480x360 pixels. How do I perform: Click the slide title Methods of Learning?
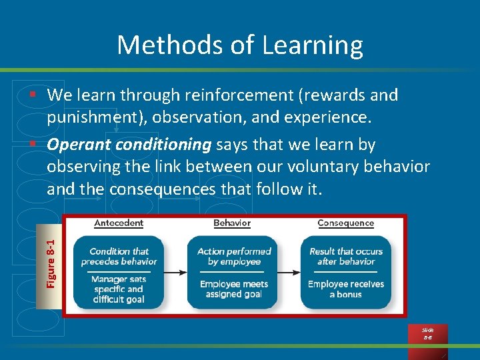click(240, 45)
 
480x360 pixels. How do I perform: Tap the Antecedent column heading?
click(119, 223)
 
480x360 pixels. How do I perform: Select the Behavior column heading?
click(232, 223)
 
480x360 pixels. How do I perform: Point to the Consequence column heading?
click(345, 223)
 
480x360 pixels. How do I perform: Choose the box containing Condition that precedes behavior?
click(119, 271)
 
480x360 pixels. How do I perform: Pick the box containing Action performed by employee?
click(234, 271)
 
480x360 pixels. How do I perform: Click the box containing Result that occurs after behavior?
click(346, 271)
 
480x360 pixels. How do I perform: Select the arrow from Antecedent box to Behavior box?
click(175, 272)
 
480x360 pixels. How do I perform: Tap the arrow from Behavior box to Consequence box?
click(289, 272)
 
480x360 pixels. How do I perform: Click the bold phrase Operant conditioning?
click(129, 145)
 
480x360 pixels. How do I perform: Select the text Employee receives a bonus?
click(346, 289)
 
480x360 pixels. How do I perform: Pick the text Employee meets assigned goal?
click(234, 289)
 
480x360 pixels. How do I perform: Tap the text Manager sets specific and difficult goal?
click(119, 289)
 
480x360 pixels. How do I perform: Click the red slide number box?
click(427, 333)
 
